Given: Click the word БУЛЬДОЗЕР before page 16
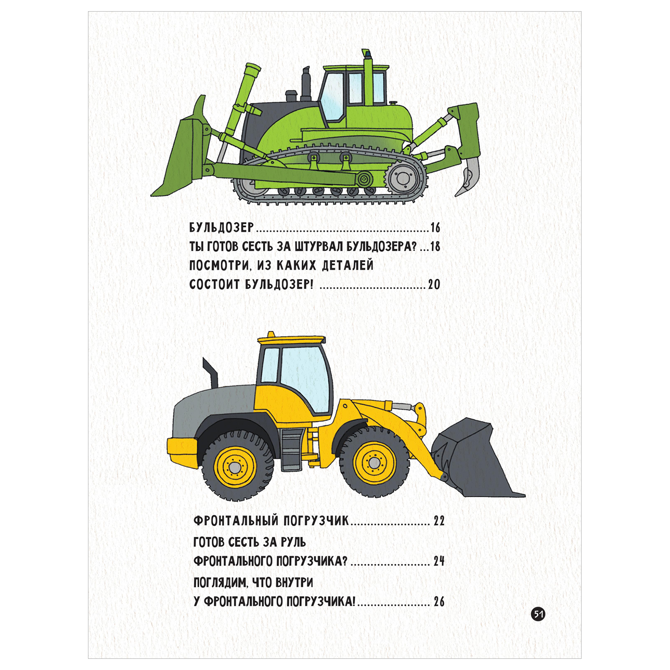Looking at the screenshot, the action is [222, 228].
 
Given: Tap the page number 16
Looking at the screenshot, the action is [435, 228].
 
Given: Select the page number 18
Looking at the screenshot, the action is [435, 247].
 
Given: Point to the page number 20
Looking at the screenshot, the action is [434, 285].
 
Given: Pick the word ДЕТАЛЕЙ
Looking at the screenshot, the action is [348, 265].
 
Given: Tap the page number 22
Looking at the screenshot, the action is [439, 521].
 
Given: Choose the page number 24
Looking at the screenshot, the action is [439, 561].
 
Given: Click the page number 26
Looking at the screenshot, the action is [439, 602].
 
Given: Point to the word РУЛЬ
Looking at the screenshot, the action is [293, 542].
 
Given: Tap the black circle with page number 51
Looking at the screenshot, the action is [538, 614].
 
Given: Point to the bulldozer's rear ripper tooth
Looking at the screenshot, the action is [467, 176].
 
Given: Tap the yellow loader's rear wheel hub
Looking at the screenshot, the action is [235, 467].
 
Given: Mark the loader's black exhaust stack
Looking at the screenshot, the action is [210, 373].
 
